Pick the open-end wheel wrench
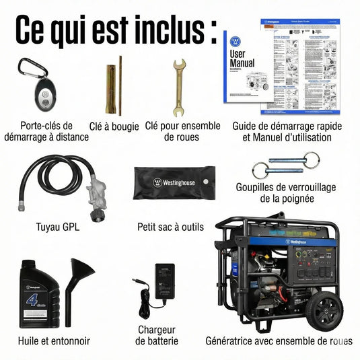pyautogui.click(x=180, y=87)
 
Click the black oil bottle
pyautogui.click(x=40, y=294)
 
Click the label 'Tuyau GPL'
pyautogui.click(x=57, y=227)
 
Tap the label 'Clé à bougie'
pyautogui.click(x=114, y=126)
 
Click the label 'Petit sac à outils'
pyautogui.click(x=170, y=227)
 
